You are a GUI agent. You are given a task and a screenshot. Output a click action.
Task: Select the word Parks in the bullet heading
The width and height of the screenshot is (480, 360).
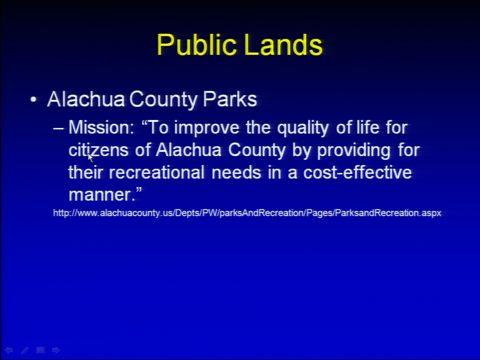(x=230, y=99)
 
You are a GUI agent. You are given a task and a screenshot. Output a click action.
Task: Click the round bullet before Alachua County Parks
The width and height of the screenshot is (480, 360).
(x=33, y=99)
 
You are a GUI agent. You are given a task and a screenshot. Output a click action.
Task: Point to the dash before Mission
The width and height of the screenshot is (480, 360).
(x=58, y=128)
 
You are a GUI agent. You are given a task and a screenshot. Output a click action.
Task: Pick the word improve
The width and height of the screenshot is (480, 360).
(x=206, y=128)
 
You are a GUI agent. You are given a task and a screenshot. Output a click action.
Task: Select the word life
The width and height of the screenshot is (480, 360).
(x=368, y=127)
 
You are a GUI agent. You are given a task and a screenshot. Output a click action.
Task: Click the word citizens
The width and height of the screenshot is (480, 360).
(x=98, y=150)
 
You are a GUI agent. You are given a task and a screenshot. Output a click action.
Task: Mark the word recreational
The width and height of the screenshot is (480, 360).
(x=156, y=172)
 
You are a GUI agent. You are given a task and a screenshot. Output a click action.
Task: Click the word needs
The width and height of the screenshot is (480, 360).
(x=236, y=172)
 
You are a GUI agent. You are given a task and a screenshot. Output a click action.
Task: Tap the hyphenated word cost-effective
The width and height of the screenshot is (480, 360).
(x=357, y=172)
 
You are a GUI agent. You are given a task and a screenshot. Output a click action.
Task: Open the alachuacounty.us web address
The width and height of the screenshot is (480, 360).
(x=247, y=213)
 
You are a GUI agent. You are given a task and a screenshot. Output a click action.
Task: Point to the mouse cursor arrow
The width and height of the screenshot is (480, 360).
(x=90, y=157)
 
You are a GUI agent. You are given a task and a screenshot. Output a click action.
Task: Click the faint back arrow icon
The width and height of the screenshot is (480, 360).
(x=8, y=350)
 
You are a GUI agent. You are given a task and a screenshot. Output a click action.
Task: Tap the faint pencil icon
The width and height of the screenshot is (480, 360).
(x=24, y=350)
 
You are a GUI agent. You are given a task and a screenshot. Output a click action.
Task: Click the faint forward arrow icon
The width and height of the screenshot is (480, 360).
(x=56, y=350)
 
